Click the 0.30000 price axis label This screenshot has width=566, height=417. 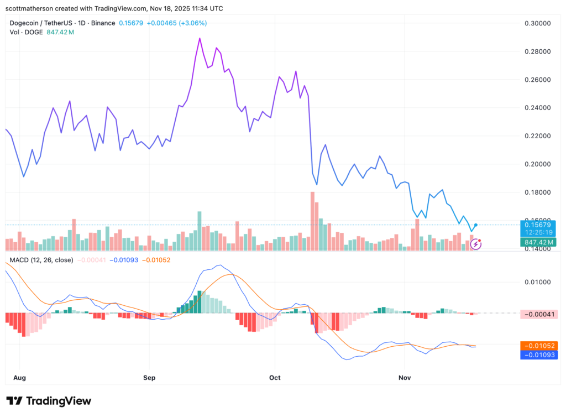tap(538, 23)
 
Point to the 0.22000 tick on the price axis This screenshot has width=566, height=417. tap(538, 136)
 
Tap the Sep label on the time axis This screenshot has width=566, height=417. tap(149, 378)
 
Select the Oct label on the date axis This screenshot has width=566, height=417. tap(275, 378)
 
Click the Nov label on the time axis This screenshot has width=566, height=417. tap(405, 378)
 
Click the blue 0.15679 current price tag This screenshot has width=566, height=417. tap(538, 224)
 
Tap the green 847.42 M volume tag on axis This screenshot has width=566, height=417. tap(538, 242)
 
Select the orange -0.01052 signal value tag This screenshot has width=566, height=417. tap(538, 345)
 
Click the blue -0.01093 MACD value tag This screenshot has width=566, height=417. tap(538, 355)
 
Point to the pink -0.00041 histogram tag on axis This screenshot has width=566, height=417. tap(538, 314)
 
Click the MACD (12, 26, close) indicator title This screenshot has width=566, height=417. tap(41, 259)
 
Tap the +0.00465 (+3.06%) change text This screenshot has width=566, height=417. tap(176, 23)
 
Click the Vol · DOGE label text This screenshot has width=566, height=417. tap(26, 33)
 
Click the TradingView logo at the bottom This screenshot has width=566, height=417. tap(49, 401)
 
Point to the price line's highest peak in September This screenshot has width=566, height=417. tap(200, 38)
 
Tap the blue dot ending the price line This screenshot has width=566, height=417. tap(476, 225)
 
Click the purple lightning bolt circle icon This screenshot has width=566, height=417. tap(475, 243)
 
